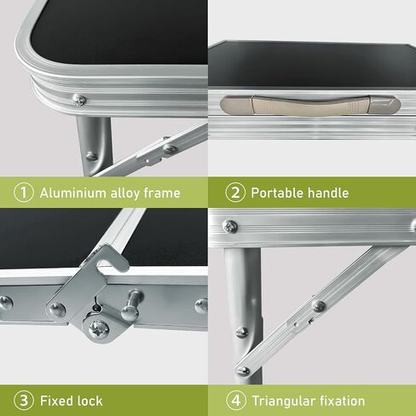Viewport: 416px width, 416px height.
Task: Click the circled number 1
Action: point(24,193)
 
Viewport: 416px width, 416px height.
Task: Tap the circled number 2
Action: point(235,193)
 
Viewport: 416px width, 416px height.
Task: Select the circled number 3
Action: point(24,401)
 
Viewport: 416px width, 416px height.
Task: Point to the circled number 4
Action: point(236,401)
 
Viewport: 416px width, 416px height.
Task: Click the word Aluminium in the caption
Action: point(73,193)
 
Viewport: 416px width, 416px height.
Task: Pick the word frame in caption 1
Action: point(162,193)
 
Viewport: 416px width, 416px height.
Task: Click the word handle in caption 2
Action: point(328,193)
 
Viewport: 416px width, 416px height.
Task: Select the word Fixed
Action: point(56,401)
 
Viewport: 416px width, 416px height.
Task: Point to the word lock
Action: point(90,401)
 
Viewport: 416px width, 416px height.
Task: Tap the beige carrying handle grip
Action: point(310,105)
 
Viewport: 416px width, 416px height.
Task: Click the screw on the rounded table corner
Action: point(79,100)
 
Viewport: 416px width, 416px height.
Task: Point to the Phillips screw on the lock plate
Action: point(99,330)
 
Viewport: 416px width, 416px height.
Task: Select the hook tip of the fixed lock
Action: point(124,266)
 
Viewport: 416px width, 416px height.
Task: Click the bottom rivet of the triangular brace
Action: point(243,371)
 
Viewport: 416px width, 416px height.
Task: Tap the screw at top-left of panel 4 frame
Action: point(230,227)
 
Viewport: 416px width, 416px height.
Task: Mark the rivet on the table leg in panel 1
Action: point(91,156)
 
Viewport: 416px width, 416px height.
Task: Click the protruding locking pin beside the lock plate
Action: point(131,305)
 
